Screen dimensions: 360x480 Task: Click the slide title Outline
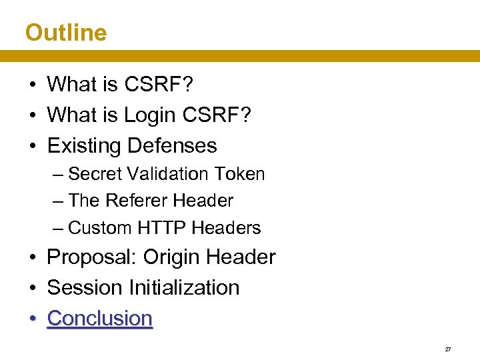65,32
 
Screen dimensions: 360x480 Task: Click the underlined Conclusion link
100,318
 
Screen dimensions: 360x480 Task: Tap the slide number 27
447,349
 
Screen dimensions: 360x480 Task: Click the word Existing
84,145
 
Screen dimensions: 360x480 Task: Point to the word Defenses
172,145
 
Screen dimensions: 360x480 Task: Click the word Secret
94,174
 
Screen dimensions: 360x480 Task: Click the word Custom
101,228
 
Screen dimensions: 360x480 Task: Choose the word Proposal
92,257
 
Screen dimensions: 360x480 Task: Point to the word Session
85,287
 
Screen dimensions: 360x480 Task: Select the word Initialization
184,287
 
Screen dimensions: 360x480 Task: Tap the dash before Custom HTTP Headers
58,228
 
